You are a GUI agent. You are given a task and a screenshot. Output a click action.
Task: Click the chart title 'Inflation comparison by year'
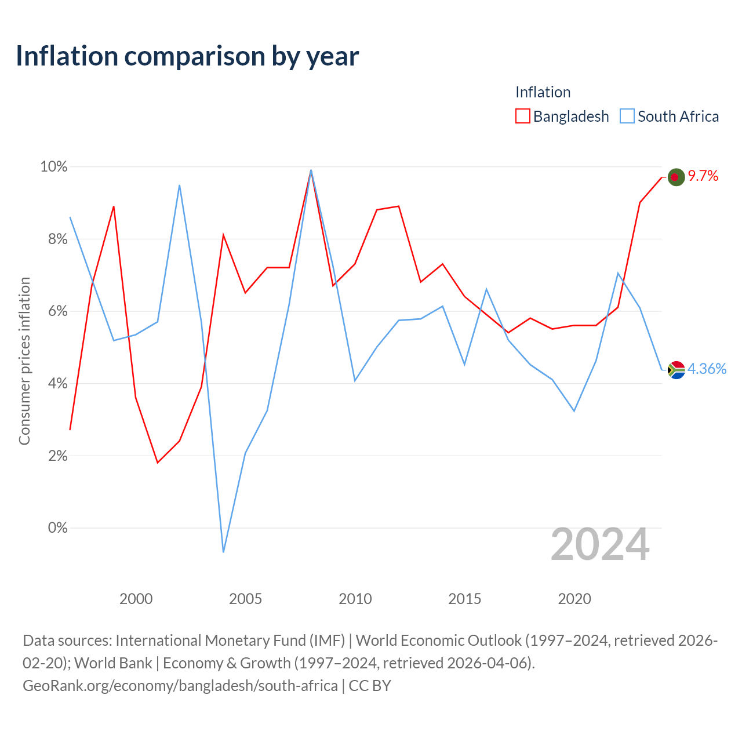(x=187, y=56)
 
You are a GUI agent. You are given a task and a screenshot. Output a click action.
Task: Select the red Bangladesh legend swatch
(x=522, y=116)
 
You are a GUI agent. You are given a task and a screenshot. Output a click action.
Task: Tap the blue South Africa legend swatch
(x=627, y=116)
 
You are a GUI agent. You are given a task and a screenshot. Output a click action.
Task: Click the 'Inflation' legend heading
(x=543, y=92)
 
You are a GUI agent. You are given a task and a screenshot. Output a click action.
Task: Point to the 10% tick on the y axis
(x=53, y=167)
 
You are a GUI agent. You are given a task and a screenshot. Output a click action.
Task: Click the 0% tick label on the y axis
(x=58, y=528)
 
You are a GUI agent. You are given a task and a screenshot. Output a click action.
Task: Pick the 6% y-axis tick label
(x=58, y=311)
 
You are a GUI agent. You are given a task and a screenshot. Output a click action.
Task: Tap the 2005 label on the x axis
(x=245, y=599)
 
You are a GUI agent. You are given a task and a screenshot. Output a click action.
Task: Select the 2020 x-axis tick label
(x=574, y=599)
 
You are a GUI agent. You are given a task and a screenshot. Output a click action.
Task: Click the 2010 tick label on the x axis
(x=355, y=599)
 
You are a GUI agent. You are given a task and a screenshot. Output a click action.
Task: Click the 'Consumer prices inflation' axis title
(x=24, y=361)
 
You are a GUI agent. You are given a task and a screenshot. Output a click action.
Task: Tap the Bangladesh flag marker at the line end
(x=676, y=177)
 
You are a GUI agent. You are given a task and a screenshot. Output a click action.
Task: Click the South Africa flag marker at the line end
(x=676, y=370)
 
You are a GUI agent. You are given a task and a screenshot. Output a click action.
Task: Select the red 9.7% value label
(x=703, y=176)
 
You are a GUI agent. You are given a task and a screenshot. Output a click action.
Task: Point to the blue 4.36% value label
(x=707, y=369)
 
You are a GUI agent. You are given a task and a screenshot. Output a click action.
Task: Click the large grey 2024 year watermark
(x=600, y=544)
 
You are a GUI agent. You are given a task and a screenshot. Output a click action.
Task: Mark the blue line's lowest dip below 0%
(x=223, y=552)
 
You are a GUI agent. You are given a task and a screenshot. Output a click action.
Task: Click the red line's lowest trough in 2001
(x=158, y=463)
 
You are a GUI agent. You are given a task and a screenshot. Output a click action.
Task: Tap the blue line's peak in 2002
(x=180, y=185)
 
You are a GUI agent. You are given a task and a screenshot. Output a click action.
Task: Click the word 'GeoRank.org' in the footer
(x=67, y=686)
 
